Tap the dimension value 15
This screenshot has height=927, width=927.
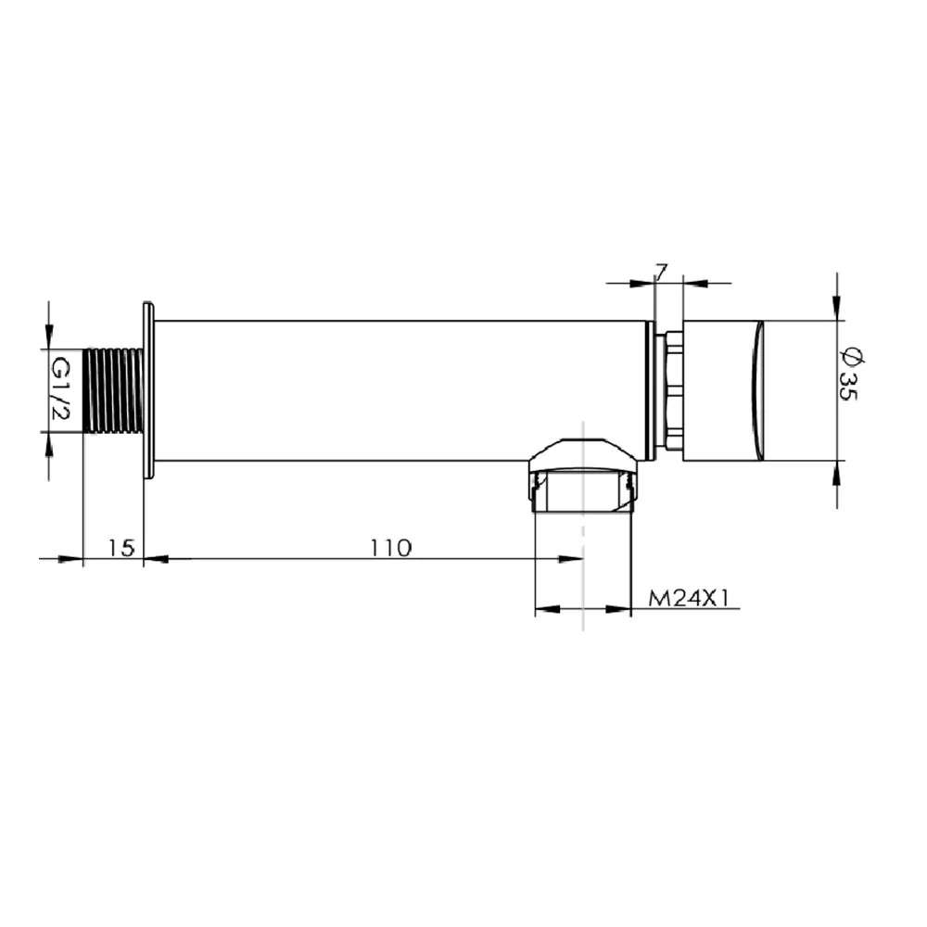[x=121, y=548]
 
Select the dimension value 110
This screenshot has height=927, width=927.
[x=391, y=548]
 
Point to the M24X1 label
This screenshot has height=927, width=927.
[x=690, y=598]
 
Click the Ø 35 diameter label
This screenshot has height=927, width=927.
[x=851, y=375]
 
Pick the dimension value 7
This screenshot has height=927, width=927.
[x=661, y=272]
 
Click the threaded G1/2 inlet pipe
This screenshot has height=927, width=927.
[x=113, y=391]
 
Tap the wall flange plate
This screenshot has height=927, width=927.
[x=148, y=390]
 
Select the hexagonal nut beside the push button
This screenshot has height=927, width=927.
[x=673, y=391]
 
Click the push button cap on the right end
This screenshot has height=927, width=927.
[x=723, y=391]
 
